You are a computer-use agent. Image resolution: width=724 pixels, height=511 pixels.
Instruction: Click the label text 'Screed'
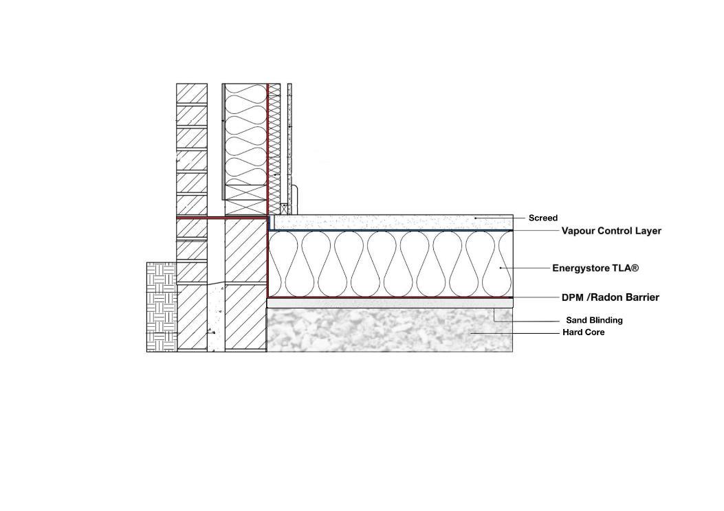pos(542,218)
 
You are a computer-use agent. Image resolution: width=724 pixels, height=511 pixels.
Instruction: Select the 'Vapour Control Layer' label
pos(611,231)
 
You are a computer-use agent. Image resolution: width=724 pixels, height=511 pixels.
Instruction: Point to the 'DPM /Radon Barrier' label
pos(611,297)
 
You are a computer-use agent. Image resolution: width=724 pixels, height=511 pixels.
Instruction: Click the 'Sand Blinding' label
pos(594,320)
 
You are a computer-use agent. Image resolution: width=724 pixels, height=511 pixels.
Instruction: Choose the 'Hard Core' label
pos(584,332)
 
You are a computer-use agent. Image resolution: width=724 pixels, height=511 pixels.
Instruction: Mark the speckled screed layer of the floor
pos(392,222)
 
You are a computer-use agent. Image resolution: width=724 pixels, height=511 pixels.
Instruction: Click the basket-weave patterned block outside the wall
pos(162,306)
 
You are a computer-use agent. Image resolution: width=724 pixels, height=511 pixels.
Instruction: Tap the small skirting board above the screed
pos(293,199)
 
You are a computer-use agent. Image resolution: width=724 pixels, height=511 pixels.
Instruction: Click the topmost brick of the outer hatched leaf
pos(192,93)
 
